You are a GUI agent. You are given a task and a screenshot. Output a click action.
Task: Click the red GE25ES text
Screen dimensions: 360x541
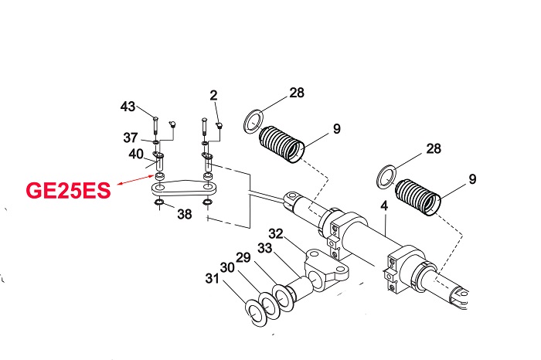(x=69, y=189)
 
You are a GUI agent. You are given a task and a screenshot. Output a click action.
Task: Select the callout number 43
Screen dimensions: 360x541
(x=129, y=106)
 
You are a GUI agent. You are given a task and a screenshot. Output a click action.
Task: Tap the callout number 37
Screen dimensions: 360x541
(x=131, y=138)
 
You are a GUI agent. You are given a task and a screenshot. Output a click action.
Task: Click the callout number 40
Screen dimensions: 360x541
(x=135, y=154)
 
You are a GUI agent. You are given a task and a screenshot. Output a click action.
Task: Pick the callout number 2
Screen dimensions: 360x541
(x=213, y=95)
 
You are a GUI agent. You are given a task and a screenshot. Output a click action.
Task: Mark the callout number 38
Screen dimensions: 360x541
(x=184, y=215)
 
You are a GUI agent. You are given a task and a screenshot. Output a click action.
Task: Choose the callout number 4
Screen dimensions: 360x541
(x=383, y=207)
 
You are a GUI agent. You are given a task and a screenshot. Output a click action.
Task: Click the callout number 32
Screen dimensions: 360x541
(x=277, y=232)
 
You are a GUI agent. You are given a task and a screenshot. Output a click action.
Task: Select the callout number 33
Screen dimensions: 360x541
(x=264, y=248)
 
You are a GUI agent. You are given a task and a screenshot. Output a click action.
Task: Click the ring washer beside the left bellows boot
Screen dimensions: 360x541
(x=253, y=120)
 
